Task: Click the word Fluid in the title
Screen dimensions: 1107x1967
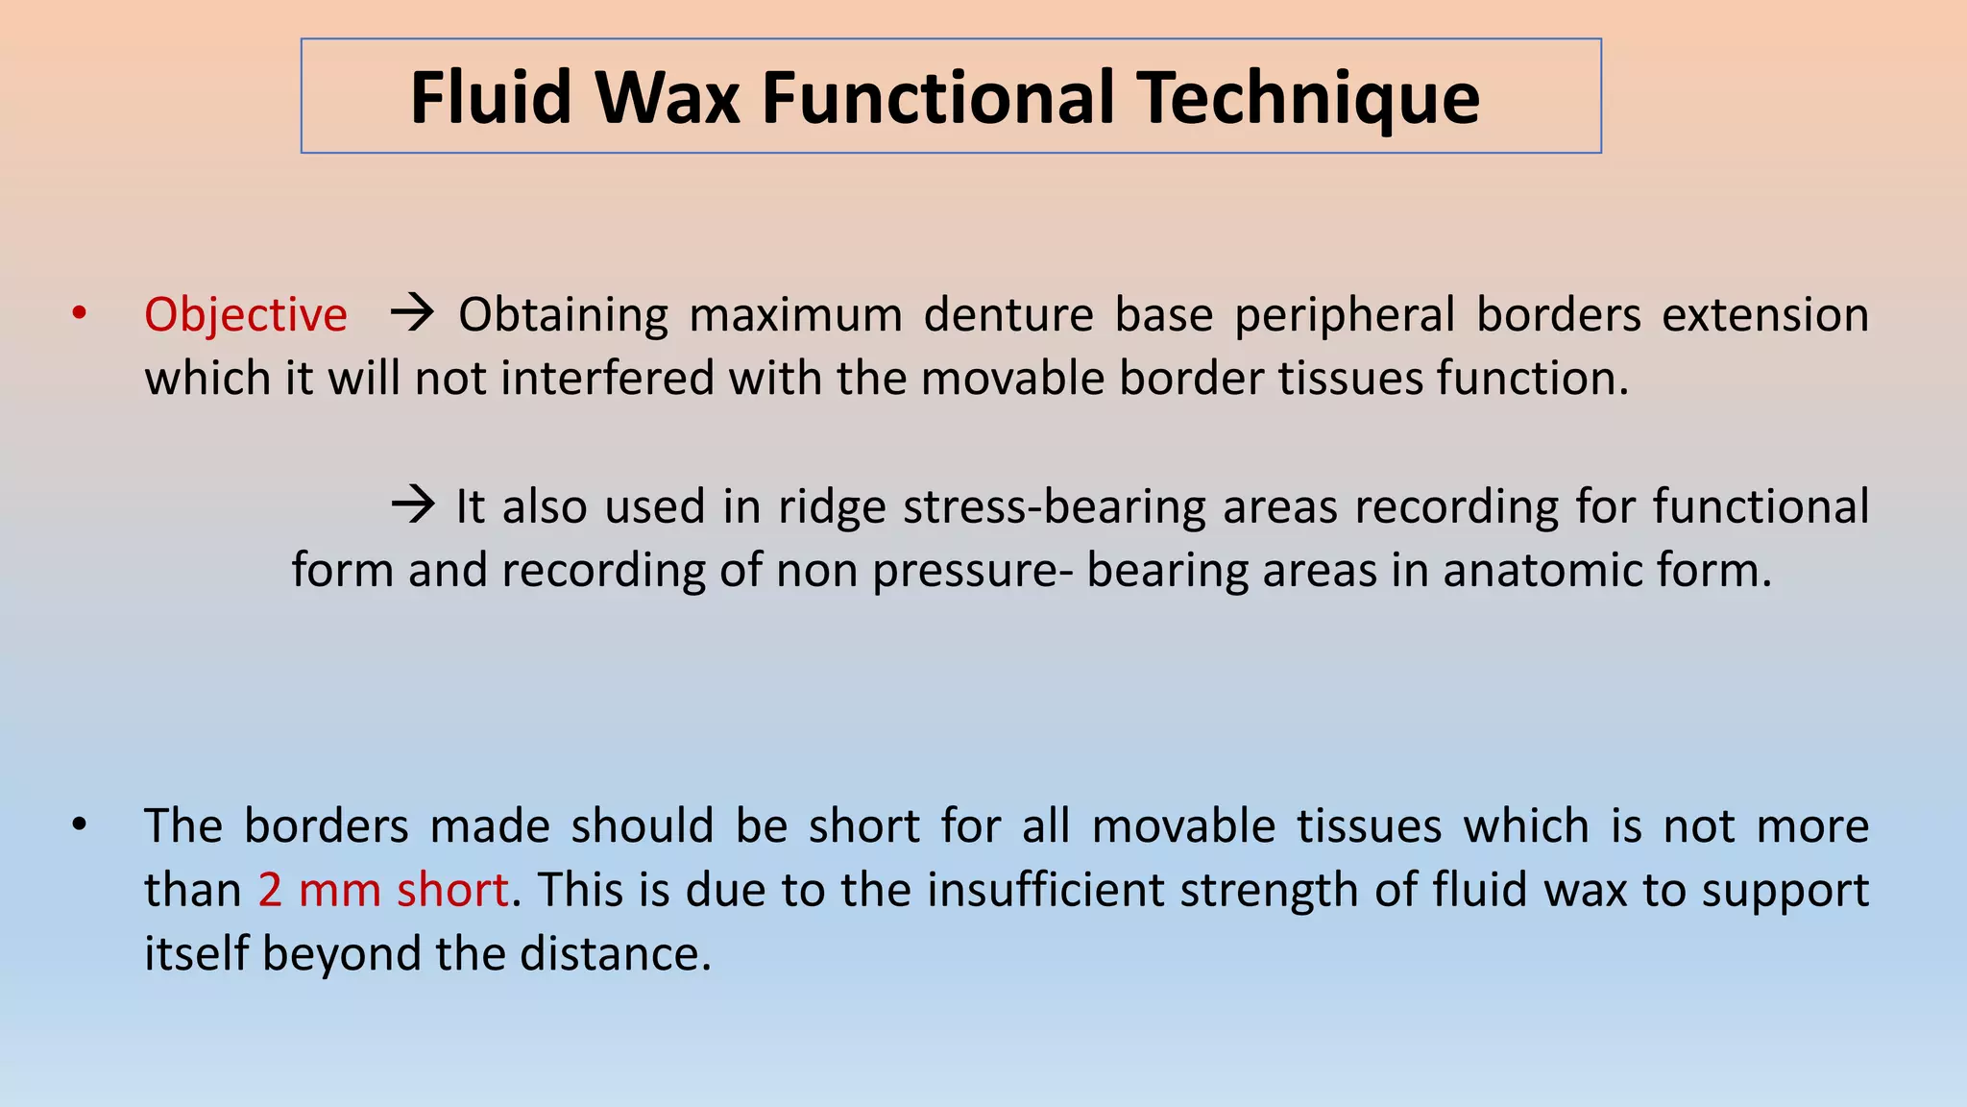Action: pyautogui.click(x=490, y=98)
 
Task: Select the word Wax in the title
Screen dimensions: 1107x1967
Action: pyautogui.click(x=667, y=98)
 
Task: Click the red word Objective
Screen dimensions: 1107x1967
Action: pyautogui.click(x=246, y=315)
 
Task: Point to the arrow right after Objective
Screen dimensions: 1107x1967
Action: pyautogui.click(x=413, y=313)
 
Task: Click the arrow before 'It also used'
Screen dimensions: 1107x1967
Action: pyautogui.click(x=414, y=504)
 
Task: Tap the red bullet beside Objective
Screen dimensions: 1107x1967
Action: pyautogui.click(x=80, y=313)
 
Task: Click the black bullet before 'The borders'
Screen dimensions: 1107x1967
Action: pyautogui.click(x=80, y=824)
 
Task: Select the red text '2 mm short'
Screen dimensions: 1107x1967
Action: pyautogui.click(x=382, y=890)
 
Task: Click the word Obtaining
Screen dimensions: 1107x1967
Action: pyautogui.click(x=563, y=315)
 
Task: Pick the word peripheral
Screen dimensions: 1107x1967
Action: pyautogui.click(x=1345, y=315)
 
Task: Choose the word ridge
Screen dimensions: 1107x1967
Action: pyautogui.click(x=832, y=506)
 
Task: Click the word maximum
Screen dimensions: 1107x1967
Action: pyautogui.click(x=796, y=315)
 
